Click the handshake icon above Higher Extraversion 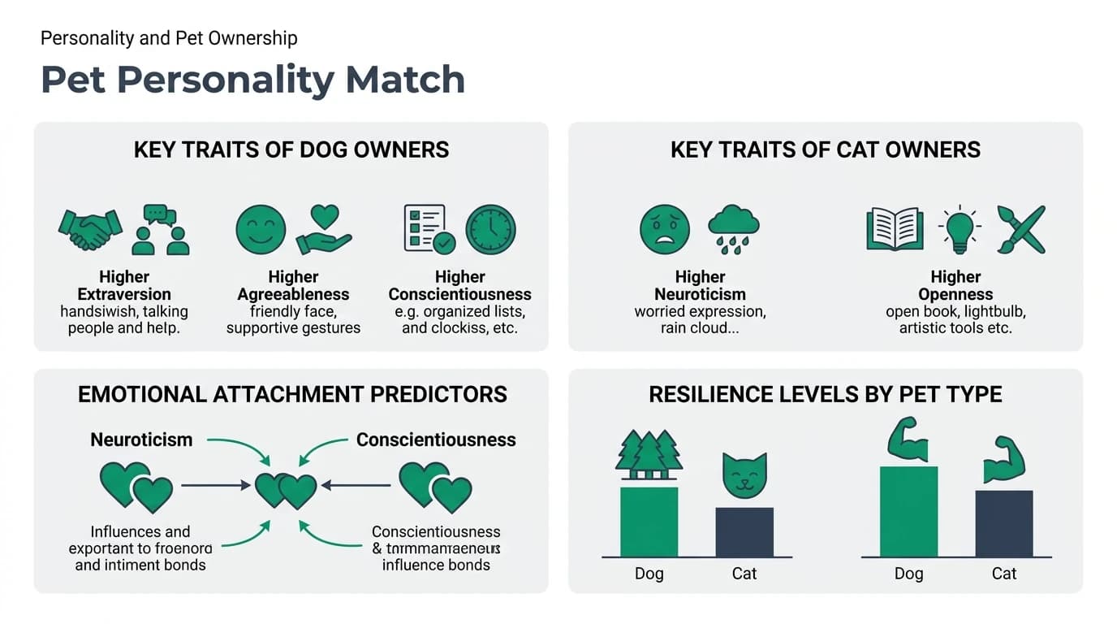(90, 229)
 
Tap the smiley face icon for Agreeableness (261, 229)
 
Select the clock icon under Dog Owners (490, 229)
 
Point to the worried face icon (665, 229)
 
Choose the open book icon (894, 229)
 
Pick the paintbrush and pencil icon (1021, 229)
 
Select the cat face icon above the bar (744, 476)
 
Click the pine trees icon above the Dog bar (649, 456)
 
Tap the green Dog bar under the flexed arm (908, 512)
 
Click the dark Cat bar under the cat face (744, 532)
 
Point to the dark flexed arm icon (1004, 460)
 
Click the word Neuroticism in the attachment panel (141, 440)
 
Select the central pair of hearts (285, 491)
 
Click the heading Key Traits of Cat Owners (825, 149)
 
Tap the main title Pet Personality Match (252, 80)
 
